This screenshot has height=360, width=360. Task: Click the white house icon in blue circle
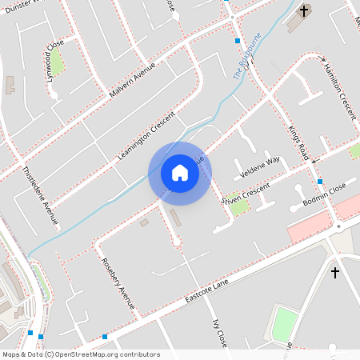point(180,173)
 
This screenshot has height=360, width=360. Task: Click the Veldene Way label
point(262,166)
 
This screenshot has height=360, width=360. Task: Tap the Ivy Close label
point(219,333)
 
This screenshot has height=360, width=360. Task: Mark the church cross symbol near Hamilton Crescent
point(304,11)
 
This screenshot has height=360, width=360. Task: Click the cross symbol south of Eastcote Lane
point(335,273)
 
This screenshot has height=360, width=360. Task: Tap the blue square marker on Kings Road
point(320,181)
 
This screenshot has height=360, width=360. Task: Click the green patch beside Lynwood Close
point(56,60)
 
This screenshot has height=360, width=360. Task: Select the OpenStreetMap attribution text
point(80,354)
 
